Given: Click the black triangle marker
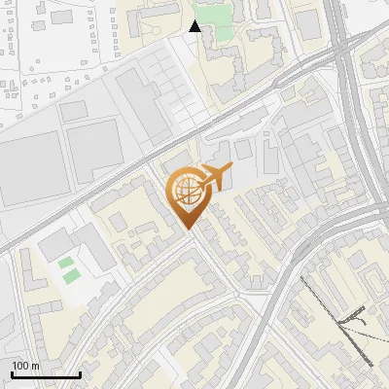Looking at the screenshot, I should [x=195, y=26].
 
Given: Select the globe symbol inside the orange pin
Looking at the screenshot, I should [x=185, y=190].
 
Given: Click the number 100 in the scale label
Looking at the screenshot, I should [x=20, y=366].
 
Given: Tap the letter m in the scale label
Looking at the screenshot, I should [x=35, y=366].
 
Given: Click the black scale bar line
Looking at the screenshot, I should [x=46, y=374].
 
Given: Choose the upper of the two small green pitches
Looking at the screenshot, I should [x=65, y=263].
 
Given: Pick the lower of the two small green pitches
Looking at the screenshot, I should [x=71, y=276].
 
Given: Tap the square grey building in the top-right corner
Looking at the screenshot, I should [x=309, y=24].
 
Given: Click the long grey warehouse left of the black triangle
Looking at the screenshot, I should [x=136, y=97].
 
